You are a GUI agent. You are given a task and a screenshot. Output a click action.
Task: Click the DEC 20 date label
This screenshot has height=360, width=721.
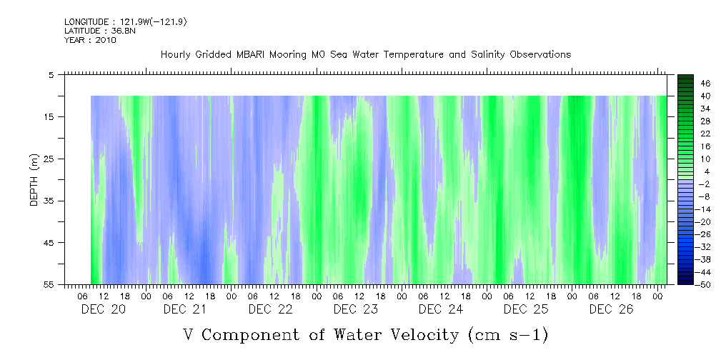[x=100, y=309]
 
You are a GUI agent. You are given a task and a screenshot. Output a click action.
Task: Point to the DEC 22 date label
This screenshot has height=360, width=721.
[x=270, y=309]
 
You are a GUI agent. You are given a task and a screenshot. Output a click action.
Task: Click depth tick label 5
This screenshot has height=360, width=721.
[x=51, y=74]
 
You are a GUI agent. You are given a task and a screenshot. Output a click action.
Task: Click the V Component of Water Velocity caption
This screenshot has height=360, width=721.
[x=366, y=334]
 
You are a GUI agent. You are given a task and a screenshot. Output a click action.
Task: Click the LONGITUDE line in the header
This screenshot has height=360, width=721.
[x=126, y=22]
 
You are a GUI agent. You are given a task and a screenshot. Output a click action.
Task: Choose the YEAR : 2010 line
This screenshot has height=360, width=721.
[x=90, y=40]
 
